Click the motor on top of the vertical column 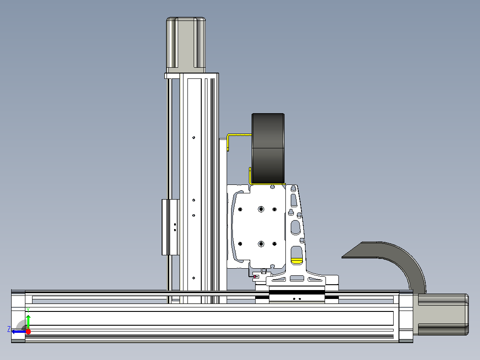pos(186,45)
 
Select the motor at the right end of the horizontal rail pos(441,315)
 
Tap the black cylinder pos(268,149)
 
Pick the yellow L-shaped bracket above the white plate pos(239,135)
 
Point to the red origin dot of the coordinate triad pos(28,331)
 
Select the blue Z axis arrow pos(19,331)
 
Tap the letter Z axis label pos(9,329)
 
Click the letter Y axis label pos(28,310)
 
